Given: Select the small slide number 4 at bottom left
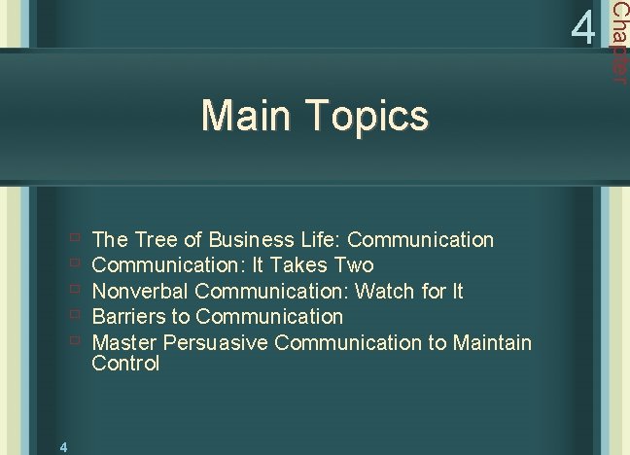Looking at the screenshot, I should click(x=62, y=446).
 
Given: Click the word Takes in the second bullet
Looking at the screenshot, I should click(x=298, y=264).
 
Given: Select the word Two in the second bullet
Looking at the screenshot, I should click(x=353, y=264).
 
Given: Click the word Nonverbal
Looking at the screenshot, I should click(x=140, y=291).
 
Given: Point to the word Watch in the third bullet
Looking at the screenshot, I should click(x=383, y=291).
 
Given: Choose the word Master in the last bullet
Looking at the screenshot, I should click(x=124, y=342).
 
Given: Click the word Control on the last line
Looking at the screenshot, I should click(x=125, y=364).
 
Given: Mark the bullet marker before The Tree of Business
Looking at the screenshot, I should click(x=75, y=238).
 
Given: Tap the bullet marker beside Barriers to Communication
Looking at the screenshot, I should click(x=75, y=315).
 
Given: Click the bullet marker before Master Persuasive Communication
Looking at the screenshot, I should click(x=75, y=341).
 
